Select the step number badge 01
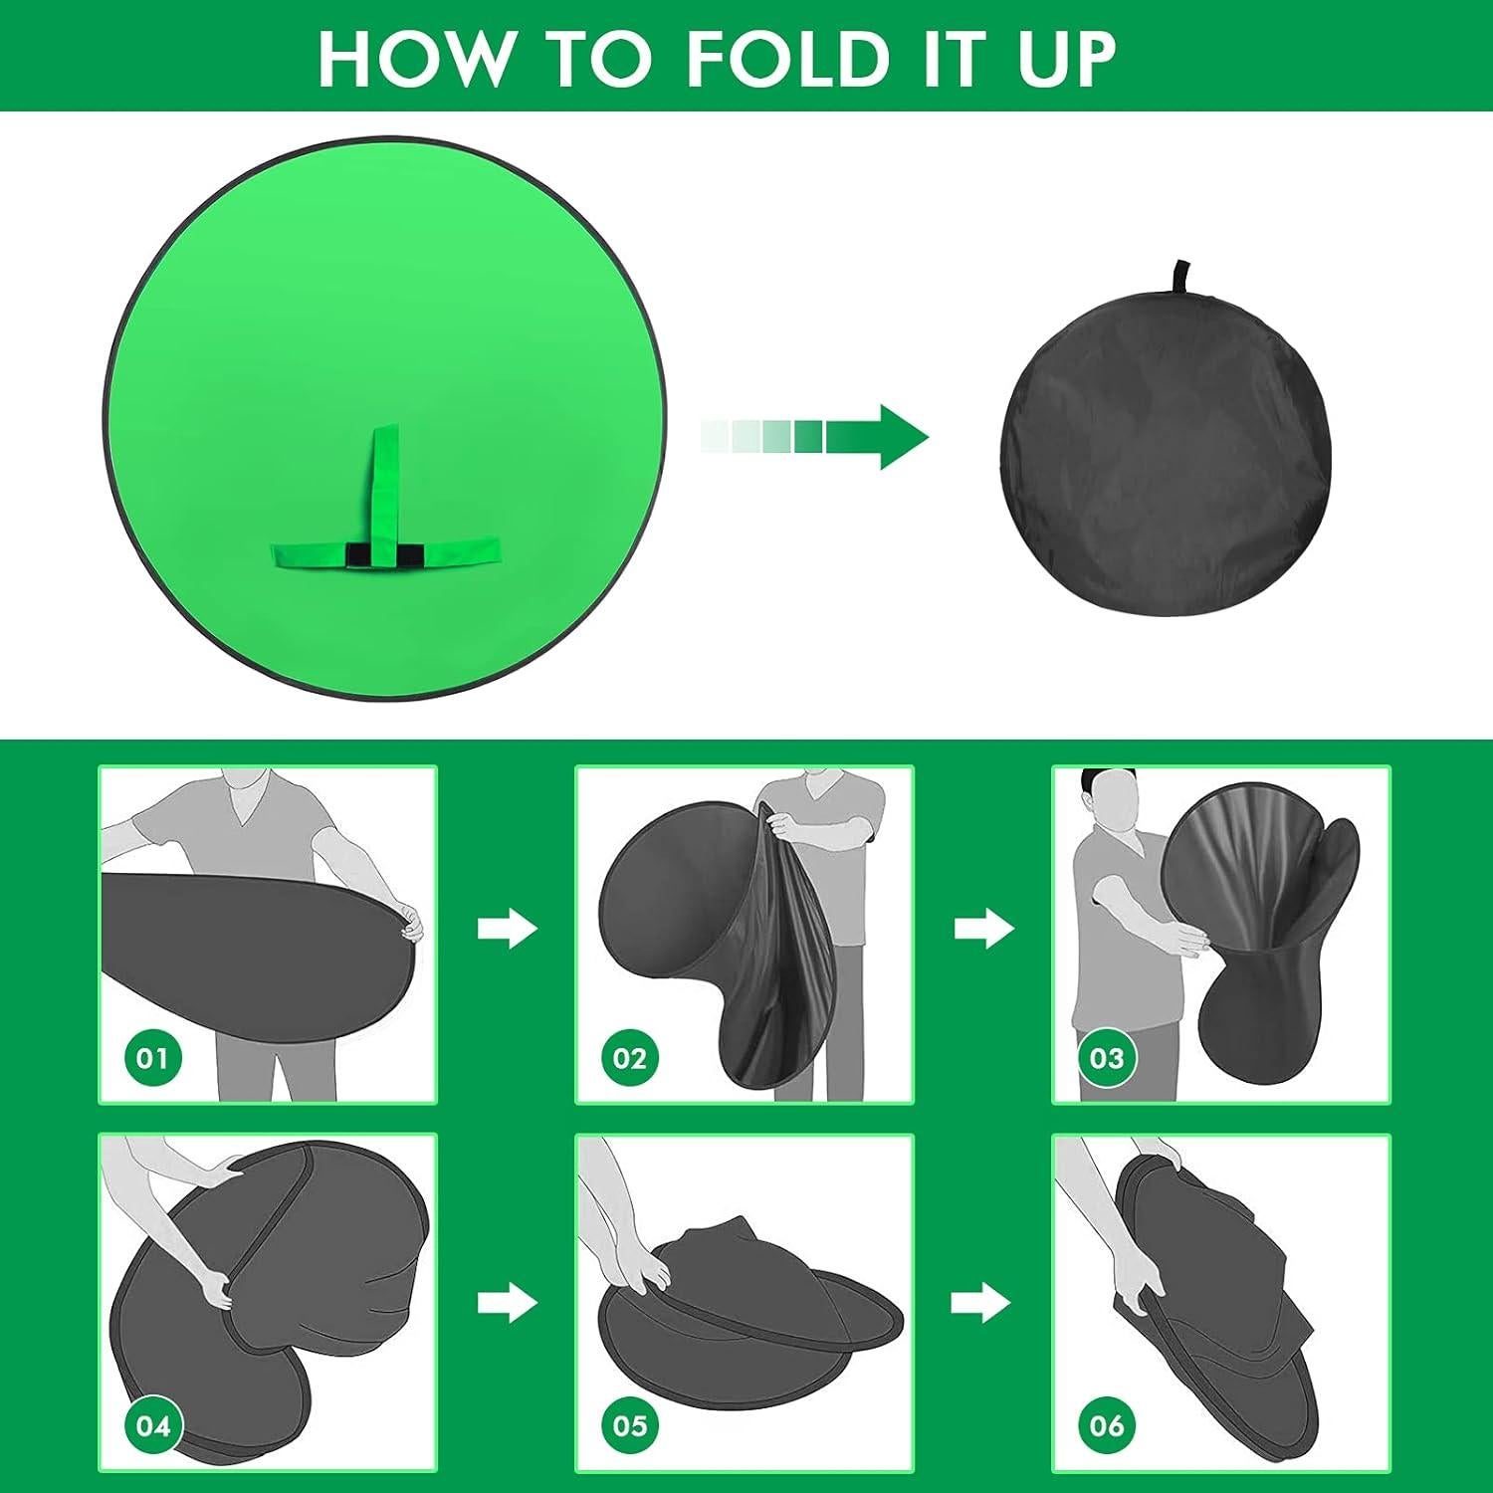[x=152, y=1057]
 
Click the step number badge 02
[x=629, y=1057]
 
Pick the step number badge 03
[x=1106, y=1057]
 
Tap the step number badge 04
[x=152, y=1425]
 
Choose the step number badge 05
[x=629, y=1425]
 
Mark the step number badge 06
[x=1106, y=1425]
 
